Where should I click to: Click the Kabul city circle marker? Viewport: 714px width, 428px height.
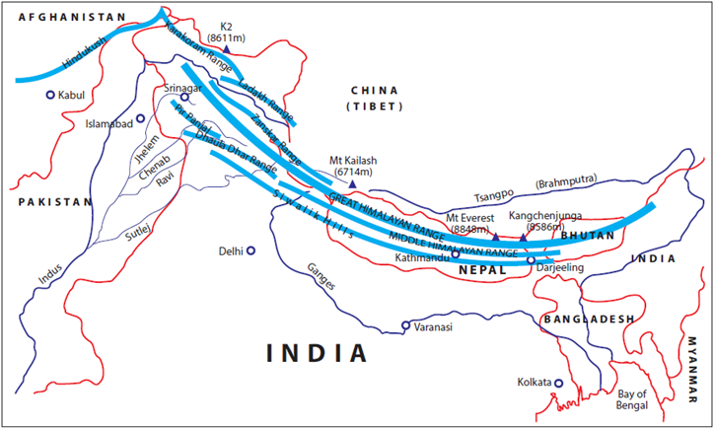[x=50, y=96]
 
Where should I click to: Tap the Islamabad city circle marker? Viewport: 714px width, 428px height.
[x=141, y=118]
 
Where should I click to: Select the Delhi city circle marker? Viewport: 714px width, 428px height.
[x=251, y=250]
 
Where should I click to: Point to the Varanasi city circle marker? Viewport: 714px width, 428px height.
[x=405, y=325]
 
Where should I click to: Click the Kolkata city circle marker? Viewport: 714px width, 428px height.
[x=558, y=383]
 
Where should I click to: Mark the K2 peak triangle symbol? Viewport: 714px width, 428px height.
[x=227, y=48]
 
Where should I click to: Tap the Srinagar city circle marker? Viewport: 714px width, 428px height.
[x=183, y=98]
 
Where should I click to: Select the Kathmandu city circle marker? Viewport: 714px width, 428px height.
[x=455, y=253]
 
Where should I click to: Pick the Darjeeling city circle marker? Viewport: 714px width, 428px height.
[x=531, y=260]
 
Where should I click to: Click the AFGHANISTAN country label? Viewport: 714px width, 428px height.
[x=65, y=17]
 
